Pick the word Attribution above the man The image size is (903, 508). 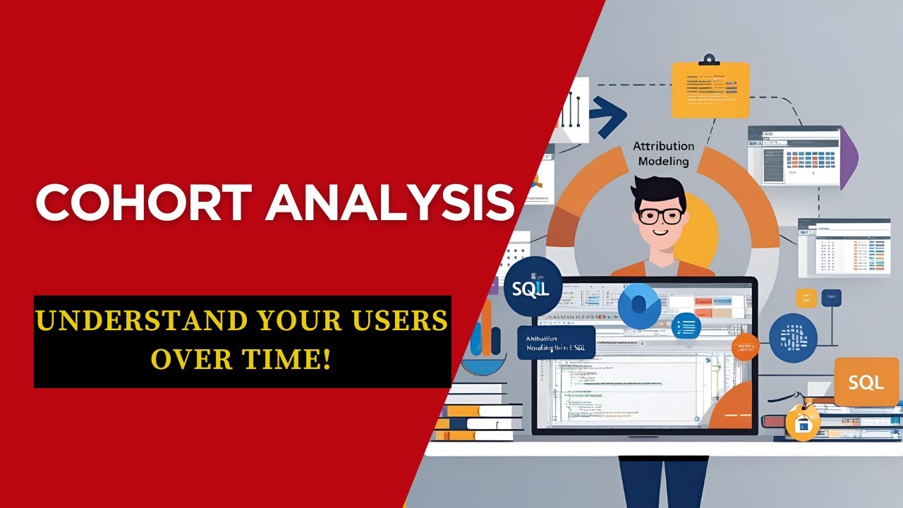pyautogui.click(x=663, y=146)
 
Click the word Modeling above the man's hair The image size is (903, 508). pyautogui.click(x=663, y=161)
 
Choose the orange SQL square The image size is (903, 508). pyautogui.click(x=866, y=382)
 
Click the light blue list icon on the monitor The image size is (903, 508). pyautogui.click(x=686, y=326)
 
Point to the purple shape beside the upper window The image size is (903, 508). pyautogui.click(x=849, y=152)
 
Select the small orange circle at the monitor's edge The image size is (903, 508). pyautogui.click(x=745, y=346)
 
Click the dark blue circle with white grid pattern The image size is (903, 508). pyautogui.click(x=793, y=338)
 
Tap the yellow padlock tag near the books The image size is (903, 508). pyautogui.click(x=803, y=423)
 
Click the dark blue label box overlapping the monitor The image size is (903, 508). pyautogui.click(x=556, y=342)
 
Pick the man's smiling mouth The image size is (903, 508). pyautogui.click(x=660, y=231)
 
